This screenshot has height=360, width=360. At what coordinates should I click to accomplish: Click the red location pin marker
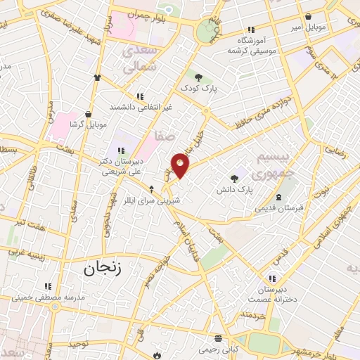181,165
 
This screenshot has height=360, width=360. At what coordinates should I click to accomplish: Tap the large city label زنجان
103,268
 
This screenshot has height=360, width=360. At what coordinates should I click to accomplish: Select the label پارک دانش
234,189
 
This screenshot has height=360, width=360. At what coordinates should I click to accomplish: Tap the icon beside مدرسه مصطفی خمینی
48,285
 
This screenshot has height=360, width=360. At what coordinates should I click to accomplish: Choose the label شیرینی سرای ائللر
153,200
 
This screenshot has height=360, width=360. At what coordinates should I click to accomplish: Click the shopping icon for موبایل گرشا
88,113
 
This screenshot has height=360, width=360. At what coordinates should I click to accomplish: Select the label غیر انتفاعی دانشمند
141,107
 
